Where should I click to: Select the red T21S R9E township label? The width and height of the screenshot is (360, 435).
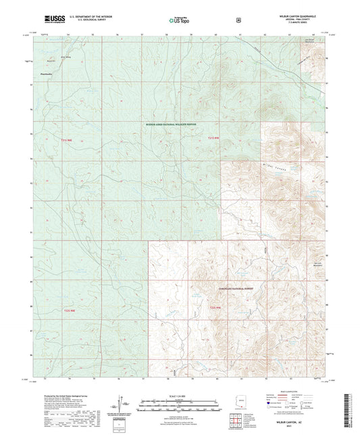click(212, 138)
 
